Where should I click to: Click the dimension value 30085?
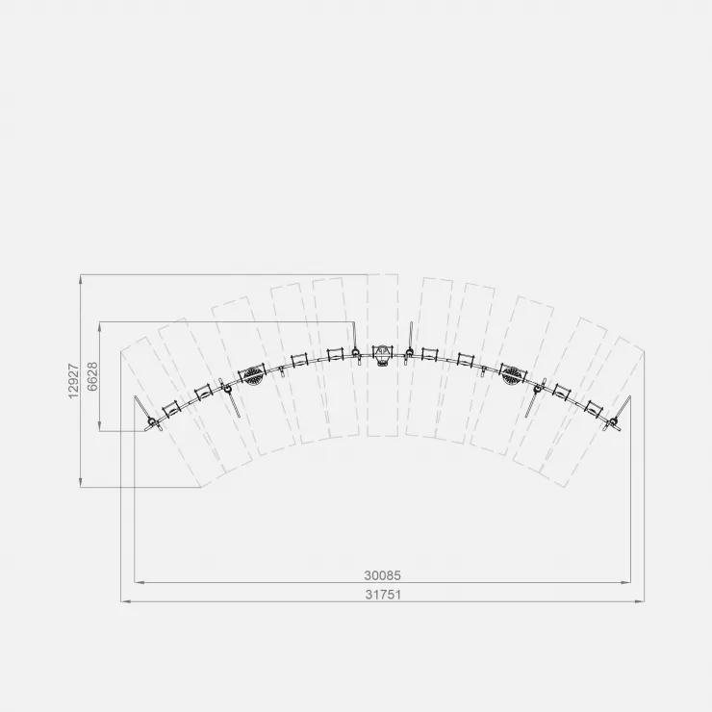[382, 575]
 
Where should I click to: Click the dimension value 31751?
[383, 595]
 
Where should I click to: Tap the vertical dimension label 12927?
[73, 380]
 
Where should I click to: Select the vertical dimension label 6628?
[92, 376]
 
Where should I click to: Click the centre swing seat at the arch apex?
[382, 354]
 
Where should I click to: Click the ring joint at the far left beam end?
[152, 420]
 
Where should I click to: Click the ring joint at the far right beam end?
[614, 420]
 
